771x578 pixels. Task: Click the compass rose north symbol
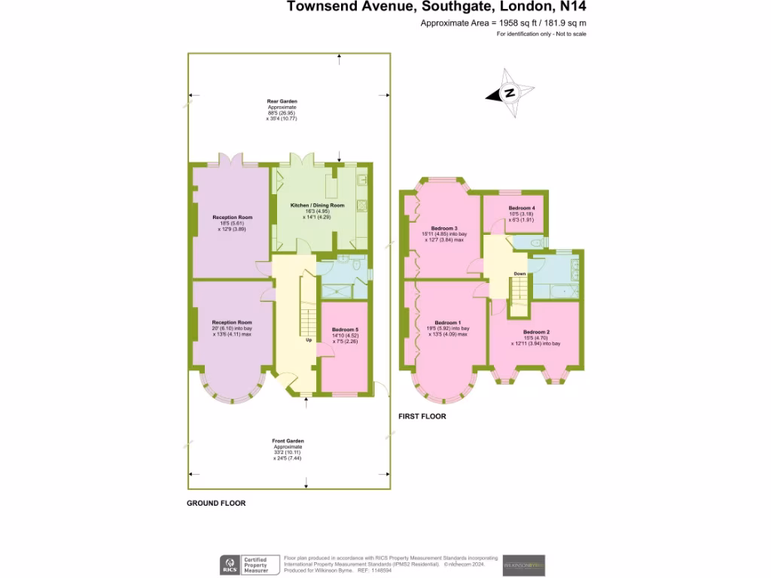click(x=510, y=93)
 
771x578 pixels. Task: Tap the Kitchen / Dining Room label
click(x=318, y=205)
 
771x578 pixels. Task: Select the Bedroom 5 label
click(x=345, y=330)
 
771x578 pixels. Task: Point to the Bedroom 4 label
click(x=522, y=208)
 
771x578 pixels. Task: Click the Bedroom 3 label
click(x=444, y=228)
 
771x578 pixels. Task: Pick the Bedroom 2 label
click(x=536, y=332)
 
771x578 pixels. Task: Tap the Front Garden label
click(x=288, y=441)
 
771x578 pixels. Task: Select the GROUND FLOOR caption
click(x=216, y=503)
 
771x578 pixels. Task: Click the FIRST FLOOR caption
click(x=422, y=416)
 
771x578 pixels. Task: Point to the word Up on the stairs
click(x=308, y=340)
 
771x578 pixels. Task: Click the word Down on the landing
click(x=520, y=273)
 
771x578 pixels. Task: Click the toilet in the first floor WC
click(x=535, y=243)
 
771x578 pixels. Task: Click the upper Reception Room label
click(x=232, y=218)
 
